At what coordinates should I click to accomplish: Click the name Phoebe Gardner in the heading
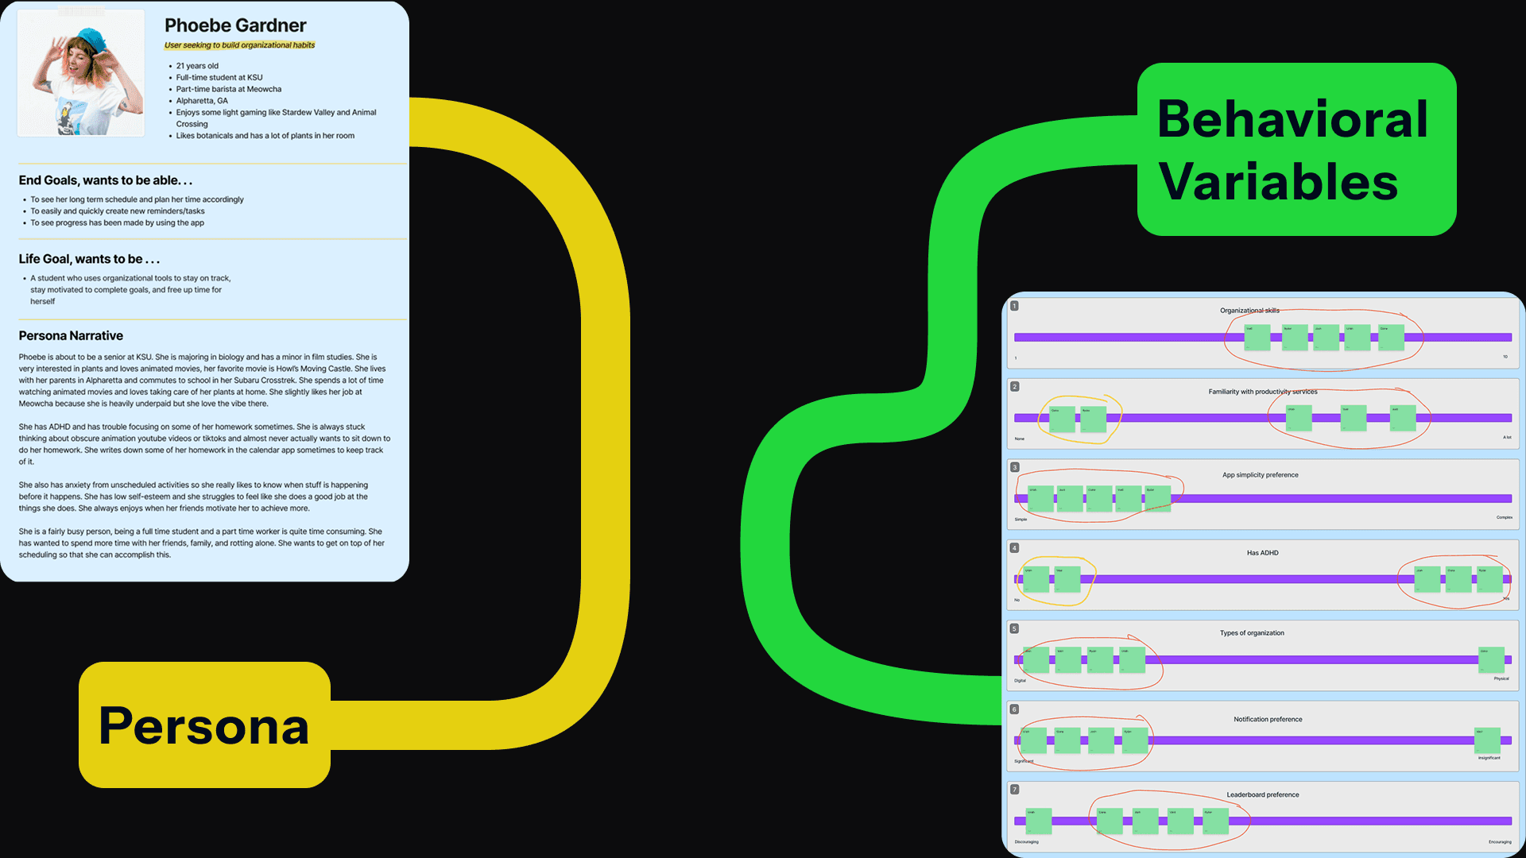235,25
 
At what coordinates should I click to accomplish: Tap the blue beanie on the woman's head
93,39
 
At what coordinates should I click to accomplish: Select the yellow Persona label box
204,725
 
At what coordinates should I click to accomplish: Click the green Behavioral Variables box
1296,149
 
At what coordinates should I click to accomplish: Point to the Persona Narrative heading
71,336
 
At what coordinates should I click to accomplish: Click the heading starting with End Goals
106,180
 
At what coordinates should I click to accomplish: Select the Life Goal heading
89,259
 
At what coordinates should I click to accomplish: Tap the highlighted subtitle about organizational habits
239,45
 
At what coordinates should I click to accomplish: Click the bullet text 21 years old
197,66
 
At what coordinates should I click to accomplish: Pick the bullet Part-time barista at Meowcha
229,89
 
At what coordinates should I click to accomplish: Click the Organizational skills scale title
1249,311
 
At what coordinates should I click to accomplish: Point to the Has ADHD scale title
1262,553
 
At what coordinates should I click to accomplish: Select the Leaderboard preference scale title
1262,794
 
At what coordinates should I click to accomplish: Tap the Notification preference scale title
1268,720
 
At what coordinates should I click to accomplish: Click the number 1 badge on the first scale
1014,306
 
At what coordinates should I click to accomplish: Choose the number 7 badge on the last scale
1014,790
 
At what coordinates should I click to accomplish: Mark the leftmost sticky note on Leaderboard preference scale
1038,821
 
